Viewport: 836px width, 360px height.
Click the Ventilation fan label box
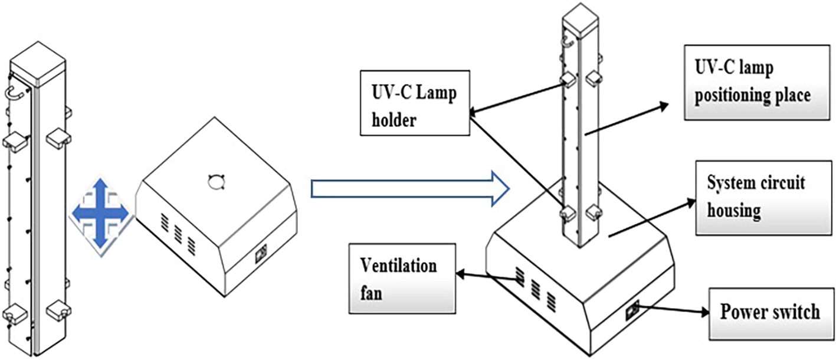(x=401, y=277)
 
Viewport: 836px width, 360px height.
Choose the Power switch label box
(x=769, y=311)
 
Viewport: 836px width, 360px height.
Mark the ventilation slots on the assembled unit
(x=535, y=287)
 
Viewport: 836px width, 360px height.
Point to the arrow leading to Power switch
(x=673, y=310)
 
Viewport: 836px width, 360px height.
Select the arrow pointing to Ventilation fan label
(x=487, y=276)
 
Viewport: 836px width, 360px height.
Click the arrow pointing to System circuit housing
(x=649, y=219)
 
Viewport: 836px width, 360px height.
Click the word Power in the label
(x=742, y=311)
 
